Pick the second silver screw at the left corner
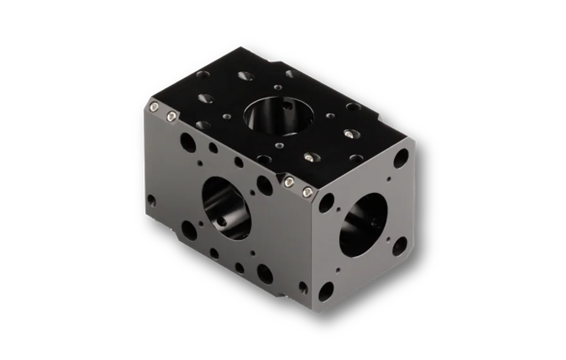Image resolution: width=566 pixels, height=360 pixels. [x=172, y=116]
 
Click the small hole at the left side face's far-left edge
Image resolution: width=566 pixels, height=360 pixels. [x=152, y=201]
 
